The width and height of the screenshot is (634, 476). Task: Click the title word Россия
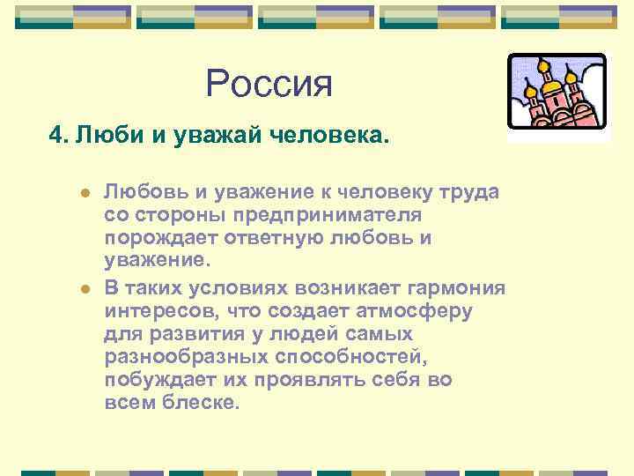[x=269, y=85]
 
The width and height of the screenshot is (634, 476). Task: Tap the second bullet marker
[x=84, y=288]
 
